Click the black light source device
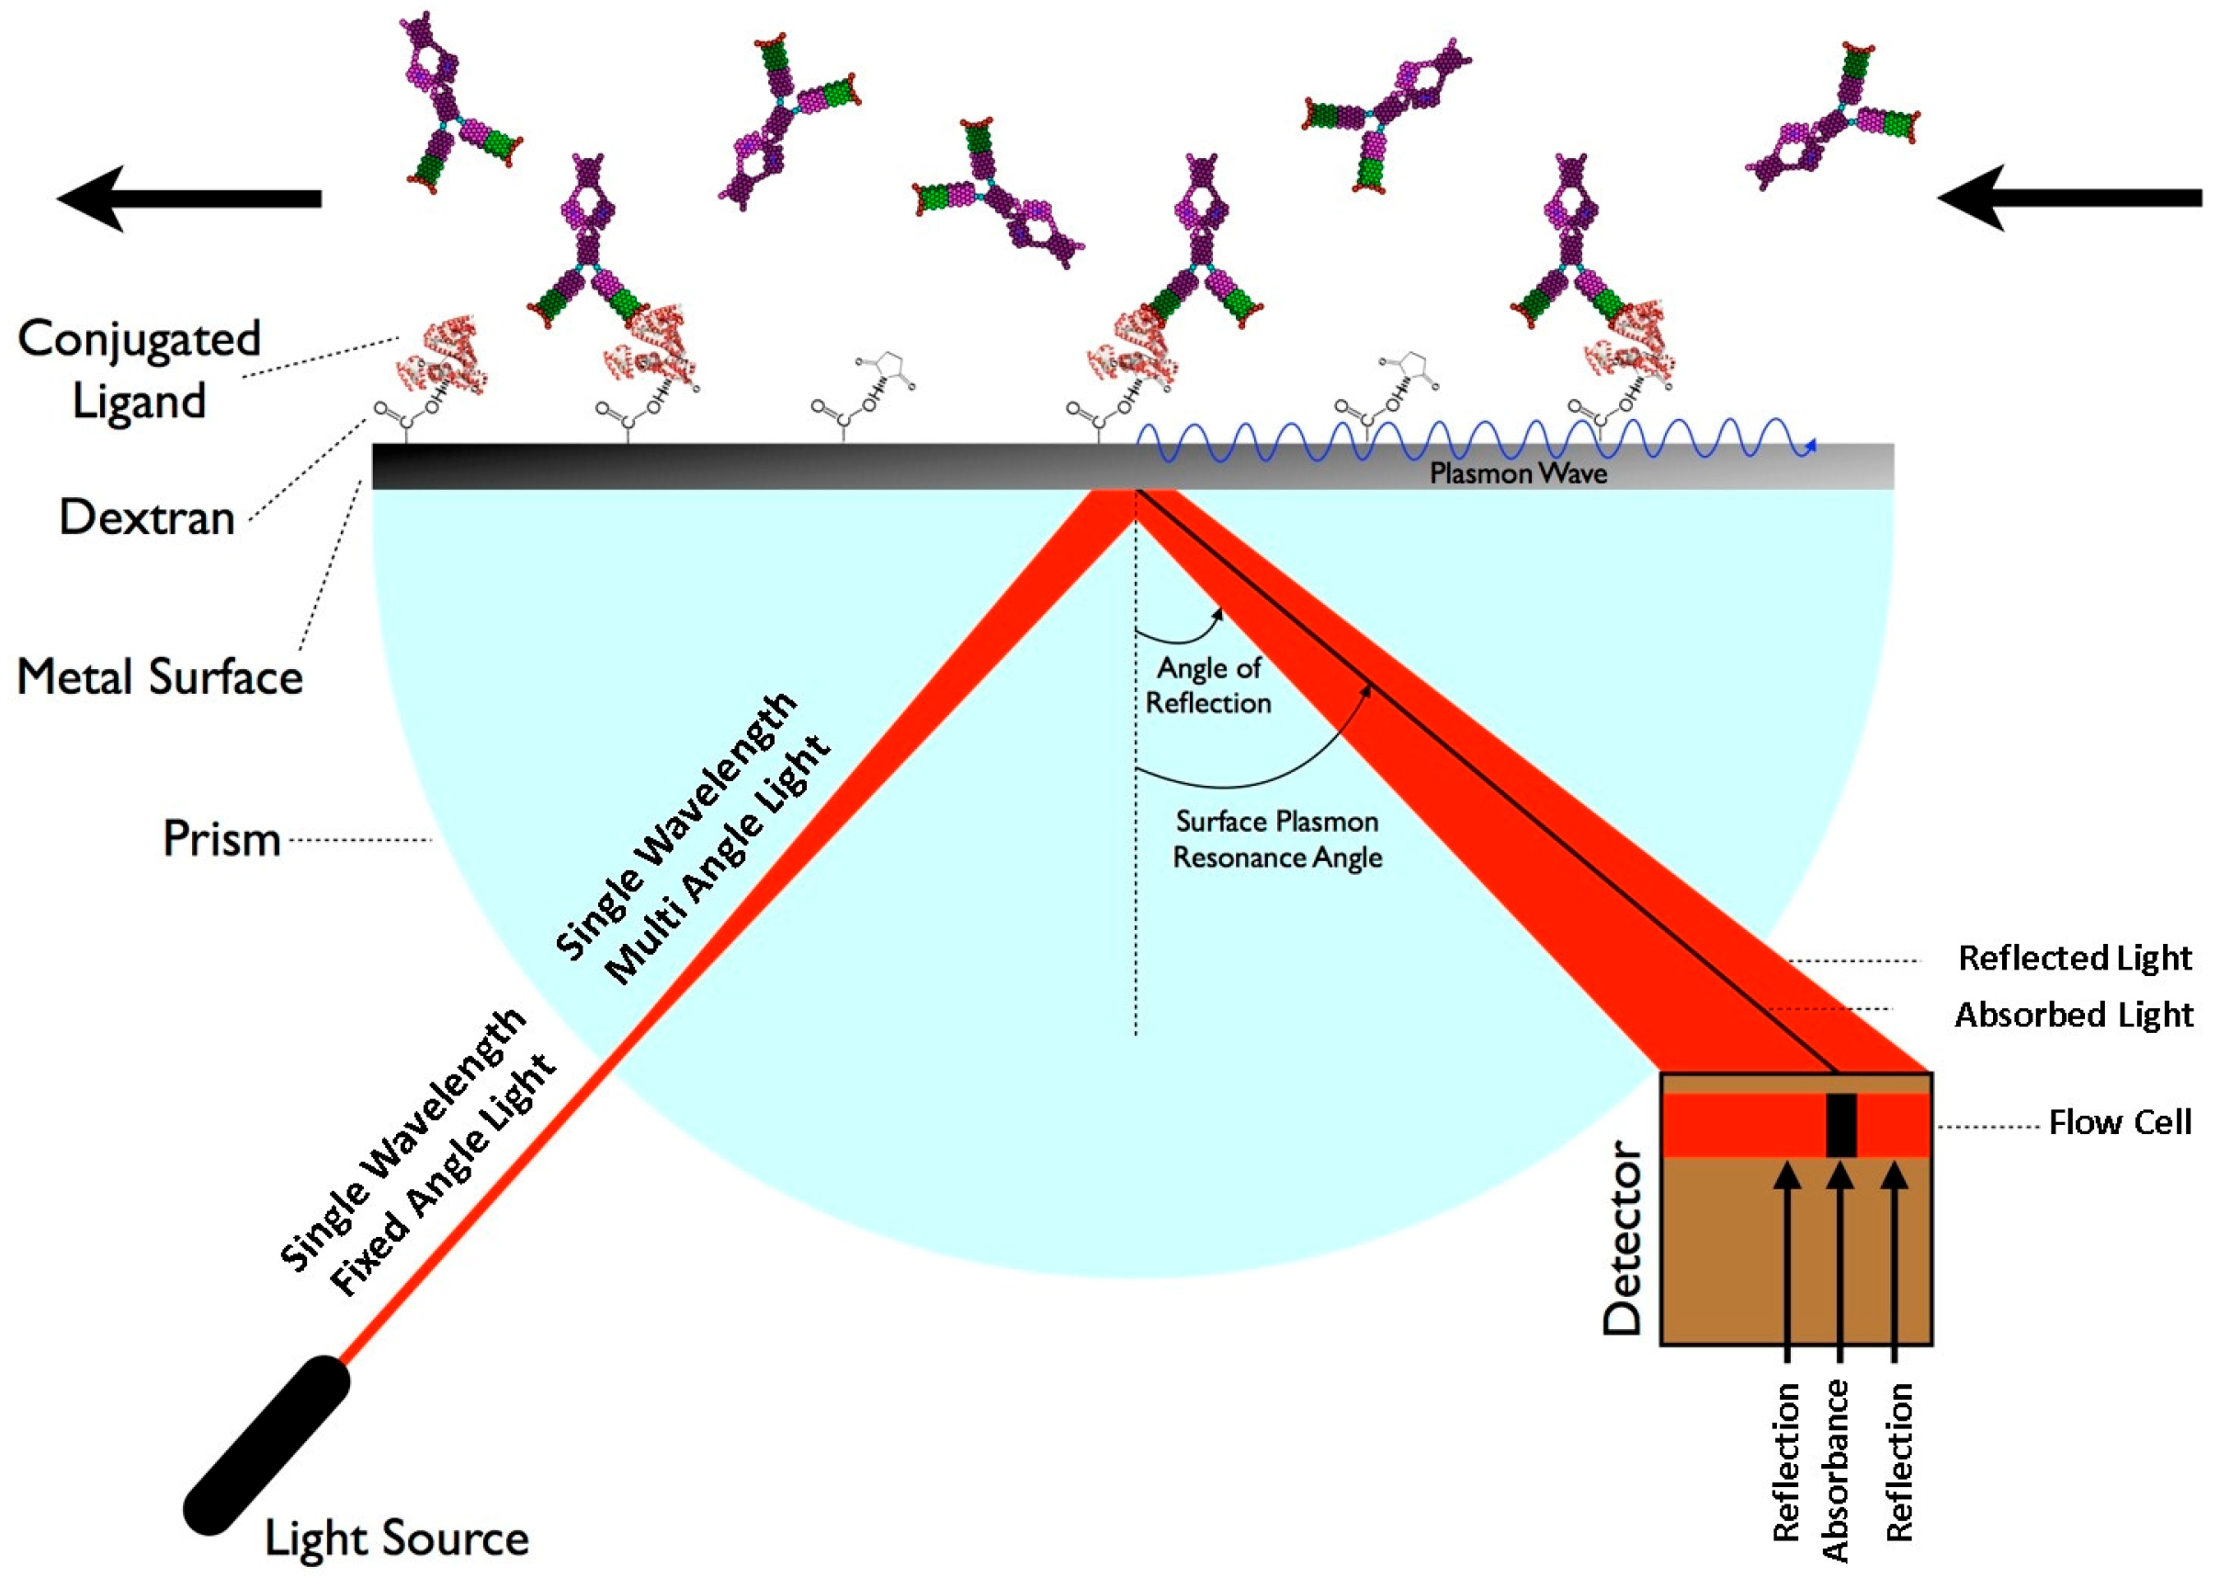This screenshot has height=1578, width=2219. [266, 1446]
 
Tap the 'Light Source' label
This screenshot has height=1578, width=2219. [396, 1538]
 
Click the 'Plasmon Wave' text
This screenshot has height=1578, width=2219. [1518, 473]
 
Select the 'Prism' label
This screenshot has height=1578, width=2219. [221, 838]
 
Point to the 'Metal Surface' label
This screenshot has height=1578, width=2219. [160, 676]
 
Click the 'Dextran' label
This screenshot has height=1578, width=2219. [147, 517]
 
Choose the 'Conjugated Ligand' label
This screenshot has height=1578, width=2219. [139, 369]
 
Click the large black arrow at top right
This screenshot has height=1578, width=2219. [2069, 199]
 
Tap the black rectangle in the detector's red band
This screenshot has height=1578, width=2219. [1841, 1125]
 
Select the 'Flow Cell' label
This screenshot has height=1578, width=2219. [2120, 1122]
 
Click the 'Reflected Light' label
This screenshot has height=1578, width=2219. [2074, 958]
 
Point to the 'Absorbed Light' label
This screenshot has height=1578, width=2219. [2073, 1015]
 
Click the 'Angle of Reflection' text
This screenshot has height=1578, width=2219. [1207, 685]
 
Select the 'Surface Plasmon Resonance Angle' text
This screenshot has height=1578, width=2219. [1276, 839]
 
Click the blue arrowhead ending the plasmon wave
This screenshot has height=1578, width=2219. [1809, 446]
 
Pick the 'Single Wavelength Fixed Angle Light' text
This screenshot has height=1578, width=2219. [418, 1152]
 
